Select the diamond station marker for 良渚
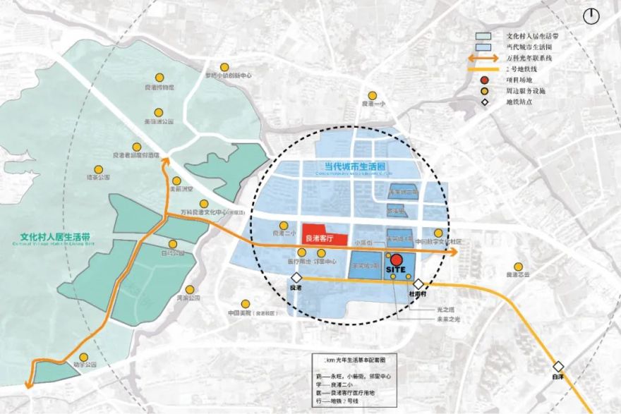click(x=297, y=279)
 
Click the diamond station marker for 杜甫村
click(x=418, y=284)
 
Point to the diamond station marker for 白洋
click(x=559, y=366)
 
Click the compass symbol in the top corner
click(x=591, y=16)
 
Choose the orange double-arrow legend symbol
click(x=485, y=58)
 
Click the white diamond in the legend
click(x=486, y=102)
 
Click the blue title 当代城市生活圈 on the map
click(x=350, y=167)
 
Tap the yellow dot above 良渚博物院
click(x=159, y=77)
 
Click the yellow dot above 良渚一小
click(x=372, y=95)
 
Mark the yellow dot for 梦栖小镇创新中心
click(x=228, y=65)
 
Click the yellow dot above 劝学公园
click(x=83, y=357)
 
